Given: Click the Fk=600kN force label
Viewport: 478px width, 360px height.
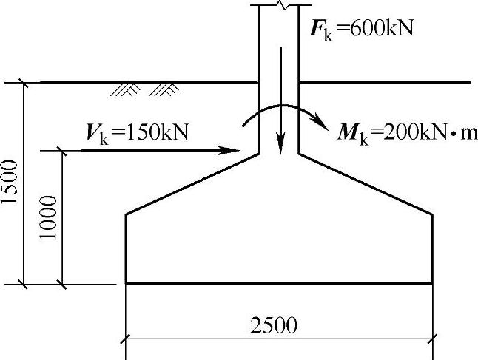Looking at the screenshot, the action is [361, 30].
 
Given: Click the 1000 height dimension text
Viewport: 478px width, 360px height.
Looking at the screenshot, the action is [50, 217].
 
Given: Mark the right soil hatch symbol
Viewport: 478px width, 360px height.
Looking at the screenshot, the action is [164, 89].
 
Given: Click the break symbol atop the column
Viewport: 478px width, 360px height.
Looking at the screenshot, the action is [278, 4].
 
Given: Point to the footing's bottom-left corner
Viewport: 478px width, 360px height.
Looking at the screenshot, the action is [126, 283].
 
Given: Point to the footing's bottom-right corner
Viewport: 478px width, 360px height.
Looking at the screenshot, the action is [432, 283].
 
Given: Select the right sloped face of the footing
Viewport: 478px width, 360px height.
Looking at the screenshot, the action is [366, 184].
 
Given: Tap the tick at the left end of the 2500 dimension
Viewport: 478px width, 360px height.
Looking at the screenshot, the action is [126, 339].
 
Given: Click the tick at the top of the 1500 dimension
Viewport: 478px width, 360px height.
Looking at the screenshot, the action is [24, 82].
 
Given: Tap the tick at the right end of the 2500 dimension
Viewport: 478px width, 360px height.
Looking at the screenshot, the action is [432, 339].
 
